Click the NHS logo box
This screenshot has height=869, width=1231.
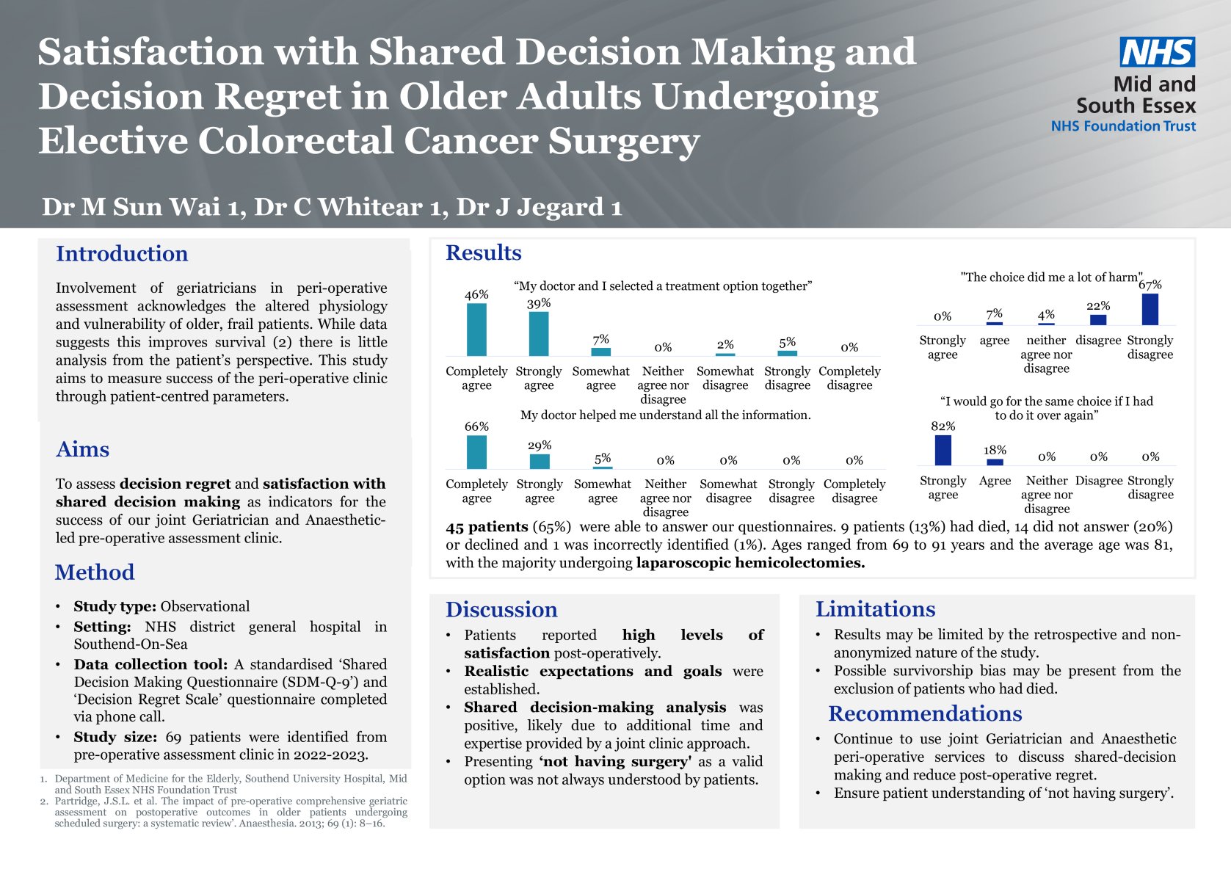tap(1157, 52)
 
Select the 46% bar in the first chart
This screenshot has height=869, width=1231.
tap(476, 330)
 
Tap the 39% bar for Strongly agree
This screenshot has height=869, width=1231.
tap(539, 334)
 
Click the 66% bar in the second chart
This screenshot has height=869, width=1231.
tap(476, 452)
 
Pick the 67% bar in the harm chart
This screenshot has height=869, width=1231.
tap(1150, 309)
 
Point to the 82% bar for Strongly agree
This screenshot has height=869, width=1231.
tap(943, 450)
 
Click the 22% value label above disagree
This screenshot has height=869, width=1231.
tap(1098, 306)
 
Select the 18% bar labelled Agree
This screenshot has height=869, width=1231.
tap(995, 462)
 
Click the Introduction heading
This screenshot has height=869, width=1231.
tap(122, 254)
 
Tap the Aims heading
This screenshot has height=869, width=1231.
tap(83, 449)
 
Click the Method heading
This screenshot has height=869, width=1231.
tap(95, 572)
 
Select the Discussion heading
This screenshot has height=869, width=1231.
tap(501, 610)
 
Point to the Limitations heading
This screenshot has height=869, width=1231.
tap(875, 609)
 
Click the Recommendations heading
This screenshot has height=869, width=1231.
tap(925, 714)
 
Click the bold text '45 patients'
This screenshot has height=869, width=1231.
tap(487, 527)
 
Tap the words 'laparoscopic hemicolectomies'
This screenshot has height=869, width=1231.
tap(750, 563)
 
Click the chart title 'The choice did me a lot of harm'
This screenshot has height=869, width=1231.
tap(1051, 277)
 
